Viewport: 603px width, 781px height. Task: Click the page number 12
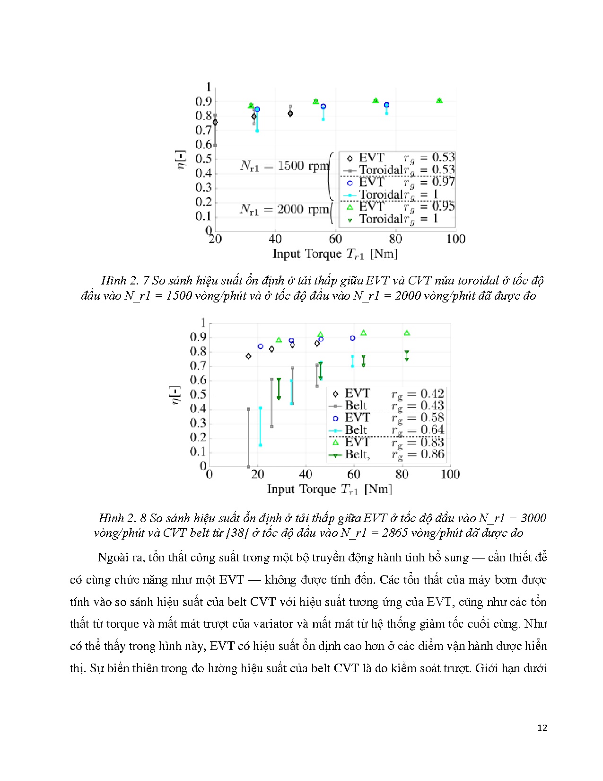tap(542, 728)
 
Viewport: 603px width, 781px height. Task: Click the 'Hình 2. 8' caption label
tap(122, 518)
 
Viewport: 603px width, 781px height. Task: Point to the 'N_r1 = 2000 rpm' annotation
tap(284, 209)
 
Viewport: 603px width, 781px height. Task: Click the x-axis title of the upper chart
tap(335, 254)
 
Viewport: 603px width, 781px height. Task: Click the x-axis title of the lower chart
tap(330, 489)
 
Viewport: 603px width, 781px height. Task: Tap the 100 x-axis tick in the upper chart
tap(455, 239)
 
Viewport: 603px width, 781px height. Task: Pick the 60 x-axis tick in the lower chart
tap(354, 474)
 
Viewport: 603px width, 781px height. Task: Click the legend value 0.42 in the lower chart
tap(432, 394)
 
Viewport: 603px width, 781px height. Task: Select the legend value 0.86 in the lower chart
tap(432, 454)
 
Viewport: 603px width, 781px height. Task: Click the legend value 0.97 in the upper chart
tap(443, 182)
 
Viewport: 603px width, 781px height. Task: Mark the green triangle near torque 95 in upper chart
tap(439, 100)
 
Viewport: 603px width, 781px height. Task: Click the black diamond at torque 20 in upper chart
tap(215, 123)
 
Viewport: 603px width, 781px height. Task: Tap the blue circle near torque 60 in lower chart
tap(352, 338)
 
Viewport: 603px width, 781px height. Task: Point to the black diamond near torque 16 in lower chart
tap(248, 356)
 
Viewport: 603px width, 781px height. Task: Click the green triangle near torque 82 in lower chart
tap(407, 333)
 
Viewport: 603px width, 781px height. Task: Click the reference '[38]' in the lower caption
tap(237, 533)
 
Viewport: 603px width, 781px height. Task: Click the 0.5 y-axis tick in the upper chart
tap(204, 159)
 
